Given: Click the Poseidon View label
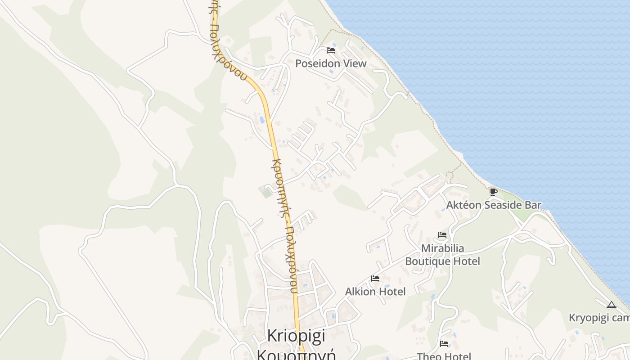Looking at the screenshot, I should click(x=331, y=63).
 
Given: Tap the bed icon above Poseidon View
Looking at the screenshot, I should click(x=331, y=50).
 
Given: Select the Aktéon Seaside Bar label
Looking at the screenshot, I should click(x=494, y=205).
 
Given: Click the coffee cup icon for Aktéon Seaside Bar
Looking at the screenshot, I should click(x=493, y=192).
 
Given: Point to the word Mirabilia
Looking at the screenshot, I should click(x=442, y=248).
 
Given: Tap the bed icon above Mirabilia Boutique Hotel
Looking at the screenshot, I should click(x=442, y=235).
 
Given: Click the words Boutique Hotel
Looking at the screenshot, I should click(x=442, y=261).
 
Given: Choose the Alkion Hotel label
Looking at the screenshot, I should click(x=375, y=292).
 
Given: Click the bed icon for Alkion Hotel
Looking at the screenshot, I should click(x=375, y=279).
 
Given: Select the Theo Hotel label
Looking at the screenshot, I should click(x=444, y=356).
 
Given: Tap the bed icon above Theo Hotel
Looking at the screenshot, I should click(x=444, y=344).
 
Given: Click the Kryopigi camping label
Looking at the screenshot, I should click(x=599, y=318).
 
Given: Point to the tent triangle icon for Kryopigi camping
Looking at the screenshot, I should click(x=611, y=305).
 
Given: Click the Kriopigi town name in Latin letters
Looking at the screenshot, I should click(x=296, y=336).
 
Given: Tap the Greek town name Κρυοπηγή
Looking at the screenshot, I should click(x=296, y=354).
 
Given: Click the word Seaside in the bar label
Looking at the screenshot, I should click(x=503, y=205).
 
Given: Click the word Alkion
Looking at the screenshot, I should click(x=360, y=292).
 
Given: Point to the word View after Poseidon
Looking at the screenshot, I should click(x=355, y=63).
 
